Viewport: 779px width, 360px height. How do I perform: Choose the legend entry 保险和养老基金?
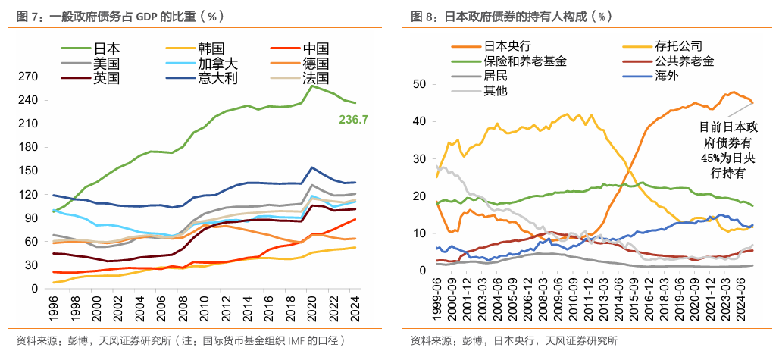coord(524,61)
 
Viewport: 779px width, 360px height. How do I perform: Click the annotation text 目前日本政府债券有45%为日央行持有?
coord(723,149)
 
